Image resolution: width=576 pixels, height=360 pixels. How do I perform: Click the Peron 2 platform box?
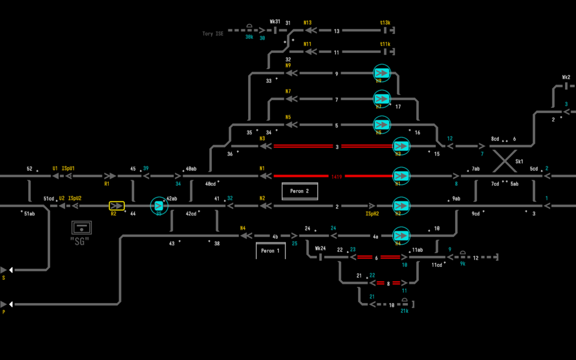(x=300, y=191)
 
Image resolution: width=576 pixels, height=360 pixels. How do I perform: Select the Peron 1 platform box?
(x=271, y=251)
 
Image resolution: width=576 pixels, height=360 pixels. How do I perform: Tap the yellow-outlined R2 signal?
(x=117, y=206)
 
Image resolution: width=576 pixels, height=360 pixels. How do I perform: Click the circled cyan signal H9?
(x=381, y=73)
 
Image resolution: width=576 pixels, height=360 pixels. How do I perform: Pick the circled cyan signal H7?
(x=381, y=99)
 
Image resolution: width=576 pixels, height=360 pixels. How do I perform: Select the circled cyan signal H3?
(x=401, y=146)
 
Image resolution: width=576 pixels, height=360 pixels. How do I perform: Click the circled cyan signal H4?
(x=401, y=236)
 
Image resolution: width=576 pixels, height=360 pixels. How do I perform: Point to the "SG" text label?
(x=79, y=241)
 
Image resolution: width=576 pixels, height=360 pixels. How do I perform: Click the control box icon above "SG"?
(x=82, y=227)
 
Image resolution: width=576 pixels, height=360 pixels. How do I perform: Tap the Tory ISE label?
(x=213, y=34)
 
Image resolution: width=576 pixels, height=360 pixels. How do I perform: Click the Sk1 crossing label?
(x=519, y=162)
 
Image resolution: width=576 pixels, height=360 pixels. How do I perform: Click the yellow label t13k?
(x=385, y=22)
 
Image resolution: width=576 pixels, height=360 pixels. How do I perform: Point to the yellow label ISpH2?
(x=372, y=214)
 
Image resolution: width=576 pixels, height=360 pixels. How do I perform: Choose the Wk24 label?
(x=320, y=248)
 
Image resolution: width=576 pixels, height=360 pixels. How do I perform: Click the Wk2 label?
(x=566, y=77)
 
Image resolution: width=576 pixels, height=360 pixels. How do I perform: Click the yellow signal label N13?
(x=308, y=22)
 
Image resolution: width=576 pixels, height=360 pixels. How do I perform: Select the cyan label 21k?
(x=404, y=311)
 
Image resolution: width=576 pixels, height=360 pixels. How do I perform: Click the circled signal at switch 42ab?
(x=159, y=206)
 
